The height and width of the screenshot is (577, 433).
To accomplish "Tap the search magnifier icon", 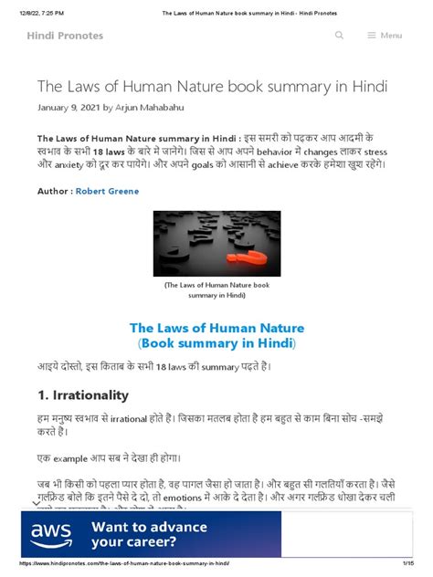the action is (x=340, y=36).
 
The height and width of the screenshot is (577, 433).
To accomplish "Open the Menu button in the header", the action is (x=385, y=36).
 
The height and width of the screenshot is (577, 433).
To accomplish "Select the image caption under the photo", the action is (x=216, y=290).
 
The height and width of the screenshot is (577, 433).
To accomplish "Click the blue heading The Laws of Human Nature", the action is (x=216, y=328).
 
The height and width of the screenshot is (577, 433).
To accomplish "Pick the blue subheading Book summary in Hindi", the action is (x=216, y=344).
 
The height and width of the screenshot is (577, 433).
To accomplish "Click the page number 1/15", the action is (x=410, y=564).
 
